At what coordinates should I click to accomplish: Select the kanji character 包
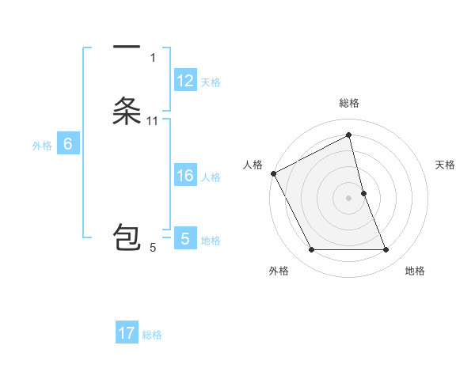127,238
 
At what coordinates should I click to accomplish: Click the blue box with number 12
185,81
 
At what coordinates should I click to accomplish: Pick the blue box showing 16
185,176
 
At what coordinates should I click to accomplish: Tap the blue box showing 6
68,144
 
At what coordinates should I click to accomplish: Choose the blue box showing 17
127,333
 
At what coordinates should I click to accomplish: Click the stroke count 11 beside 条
153,120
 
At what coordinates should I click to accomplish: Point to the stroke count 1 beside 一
153,57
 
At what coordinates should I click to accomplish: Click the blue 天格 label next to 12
211,82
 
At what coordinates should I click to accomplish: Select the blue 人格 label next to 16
211,177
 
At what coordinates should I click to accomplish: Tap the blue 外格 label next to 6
42,145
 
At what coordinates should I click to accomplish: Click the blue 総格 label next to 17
152,334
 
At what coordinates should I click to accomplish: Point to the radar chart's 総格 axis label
349,103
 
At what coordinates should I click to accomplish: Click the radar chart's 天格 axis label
445,165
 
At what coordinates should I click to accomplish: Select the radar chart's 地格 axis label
415,271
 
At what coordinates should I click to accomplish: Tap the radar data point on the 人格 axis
274,173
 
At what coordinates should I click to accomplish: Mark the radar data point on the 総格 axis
349,135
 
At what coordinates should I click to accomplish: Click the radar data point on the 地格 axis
386,250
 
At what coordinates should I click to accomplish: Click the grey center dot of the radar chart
349,198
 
